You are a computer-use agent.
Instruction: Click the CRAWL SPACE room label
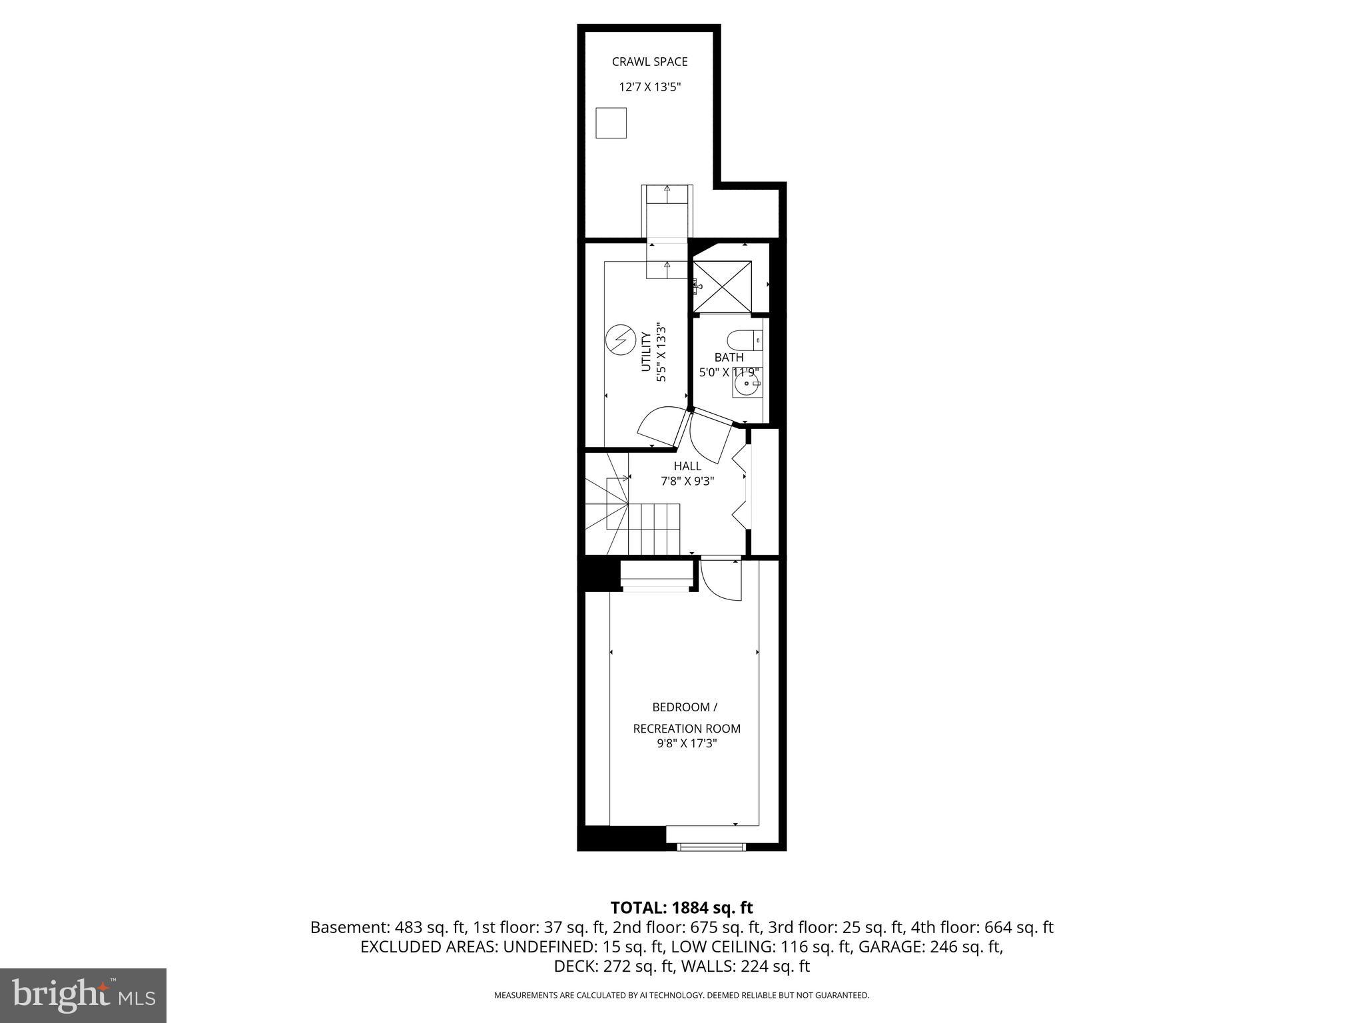(x=649, y=62)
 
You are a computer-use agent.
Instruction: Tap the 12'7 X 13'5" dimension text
(x=649, y=87)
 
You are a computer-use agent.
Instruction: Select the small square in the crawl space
(x=611, y=123)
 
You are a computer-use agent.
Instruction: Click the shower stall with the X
(x=722, y=286)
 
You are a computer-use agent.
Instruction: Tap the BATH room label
(x=729, y=358)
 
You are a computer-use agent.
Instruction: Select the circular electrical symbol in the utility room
(x=619, y=340)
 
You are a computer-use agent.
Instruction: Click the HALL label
(x=687, y=466)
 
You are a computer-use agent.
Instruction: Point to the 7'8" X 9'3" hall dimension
(x=687, y=481)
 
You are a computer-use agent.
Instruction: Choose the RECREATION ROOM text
(x=686, y=729)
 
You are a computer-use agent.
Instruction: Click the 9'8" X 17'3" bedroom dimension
(x=686, y=743)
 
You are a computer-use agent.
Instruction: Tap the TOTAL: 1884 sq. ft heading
(x=681, y=908)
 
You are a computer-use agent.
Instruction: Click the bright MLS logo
(x=83, y=996)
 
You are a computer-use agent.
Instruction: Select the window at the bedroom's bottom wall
(x=711, y=847)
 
